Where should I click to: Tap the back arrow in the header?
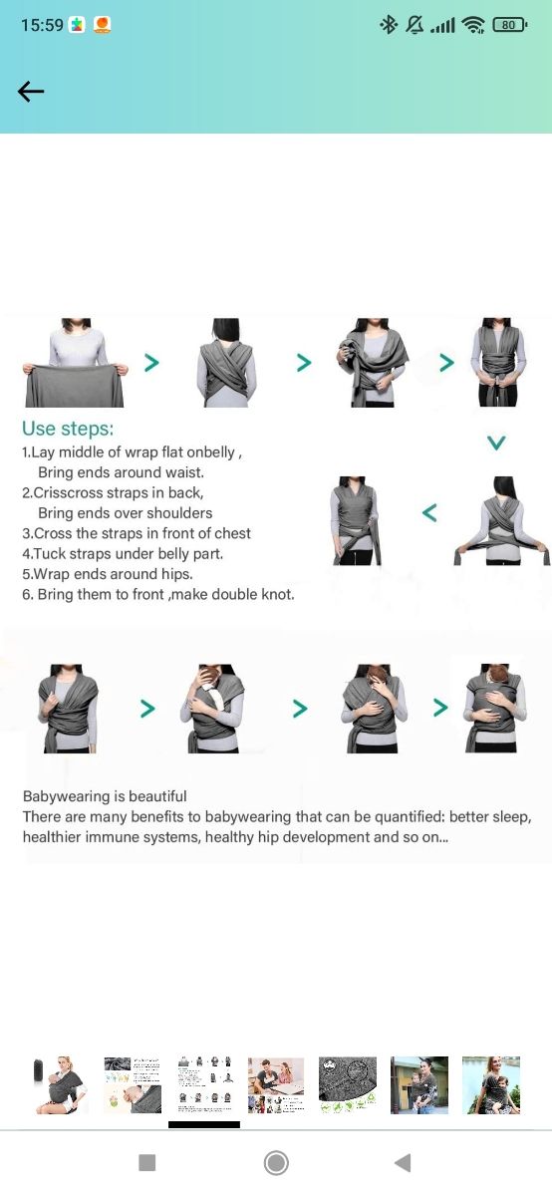[31, 92]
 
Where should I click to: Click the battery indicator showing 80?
[510, 25]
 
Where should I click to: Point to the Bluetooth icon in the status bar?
[389, 25]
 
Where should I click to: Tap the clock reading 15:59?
[42, 25]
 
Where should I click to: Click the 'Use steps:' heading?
[68, 429]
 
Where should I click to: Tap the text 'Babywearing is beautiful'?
[105, 796]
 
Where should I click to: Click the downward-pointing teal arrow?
[496, 443]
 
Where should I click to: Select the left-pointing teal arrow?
[429, 512]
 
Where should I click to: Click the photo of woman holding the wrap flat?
[76, 363]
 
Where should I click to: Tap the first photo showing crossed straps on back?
[226, 363]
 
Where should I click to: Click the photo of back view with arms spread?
[502, 520]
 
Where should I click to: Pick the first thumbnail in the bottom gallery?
[60, 1085]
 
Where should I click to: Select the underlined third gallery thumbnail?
[204, 1085]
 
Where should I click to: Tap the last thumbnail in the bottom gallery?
[491, 1085]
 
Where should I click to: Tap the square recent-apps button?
[146, 1162]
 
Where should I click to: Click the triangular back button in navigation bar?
[404, 1162]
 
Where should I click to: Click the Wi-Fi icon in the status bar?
[473, 25]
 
